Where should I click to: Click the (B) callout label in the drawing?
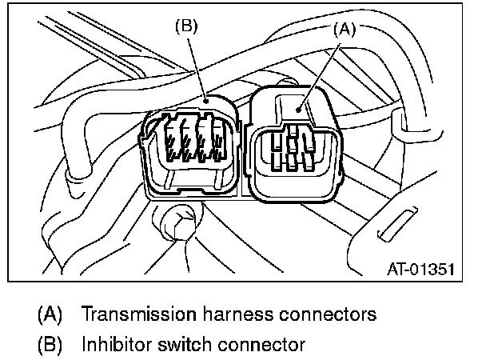point(185,25)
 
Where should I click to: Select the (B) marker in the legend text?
point(50,345)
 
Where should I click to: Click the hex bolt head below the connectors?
point(177,222)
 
